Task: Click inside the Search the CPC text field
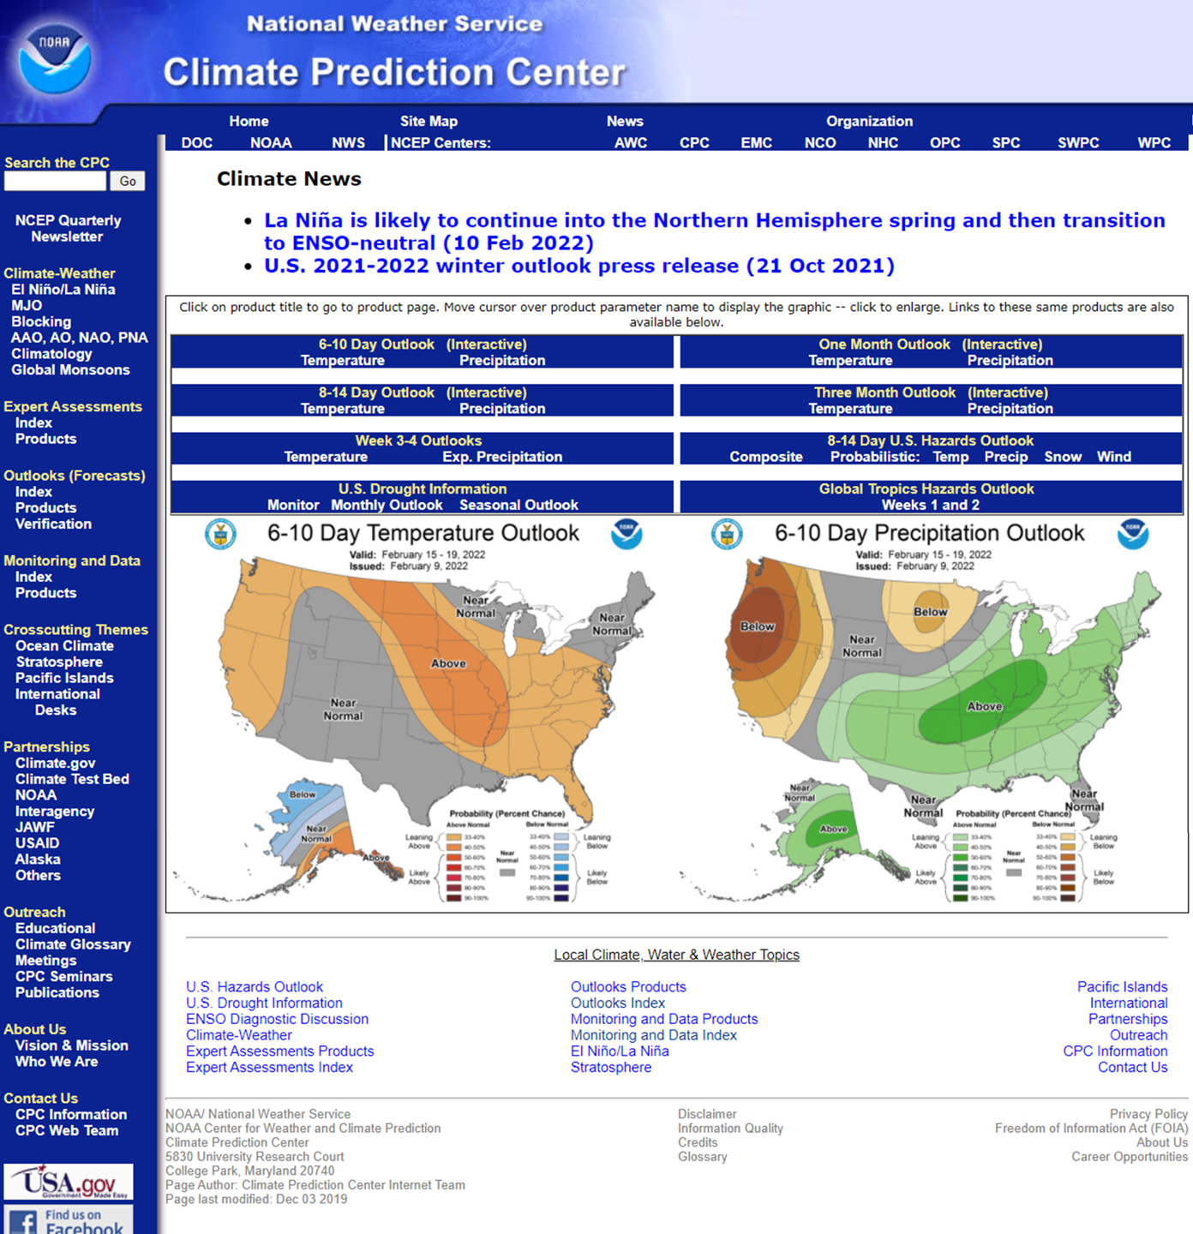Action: coord(55,181)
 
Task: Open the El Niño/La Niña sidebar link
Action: coord(63,290)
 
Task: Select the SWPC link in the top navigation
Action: coord(1077,143)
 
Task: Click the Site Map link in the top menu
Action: coord(429,122)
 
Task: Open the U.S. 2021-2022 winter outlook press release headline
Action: coord(579,266)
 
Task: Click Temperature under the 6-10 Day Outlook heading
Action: coord(342,361)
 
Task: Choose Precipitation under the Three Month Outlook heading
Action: coord(1010,409)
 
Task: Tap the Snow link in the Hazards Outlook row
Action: coord(1062,457)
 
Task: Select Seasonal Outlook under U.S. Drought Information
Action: coord(519,505)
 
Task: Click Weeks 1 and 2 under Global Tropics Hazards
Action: coord(930,505)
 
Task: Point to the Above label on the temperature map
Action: coord(448,663)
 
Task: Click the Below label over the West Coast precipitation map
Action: coord(758,626)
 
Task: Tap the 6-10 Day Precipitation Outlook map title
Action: coord(929,533)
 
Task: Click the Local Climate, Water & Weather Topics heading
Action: coord(676,955)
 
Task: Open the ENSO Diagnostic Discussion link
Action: coord(277,1019)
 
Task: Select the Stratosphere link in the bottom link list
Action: coord(611,1067)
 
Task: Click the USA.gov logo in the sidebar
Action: coord(69,1182)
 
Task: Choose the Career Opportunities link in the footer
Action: coord(1129,1157)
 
